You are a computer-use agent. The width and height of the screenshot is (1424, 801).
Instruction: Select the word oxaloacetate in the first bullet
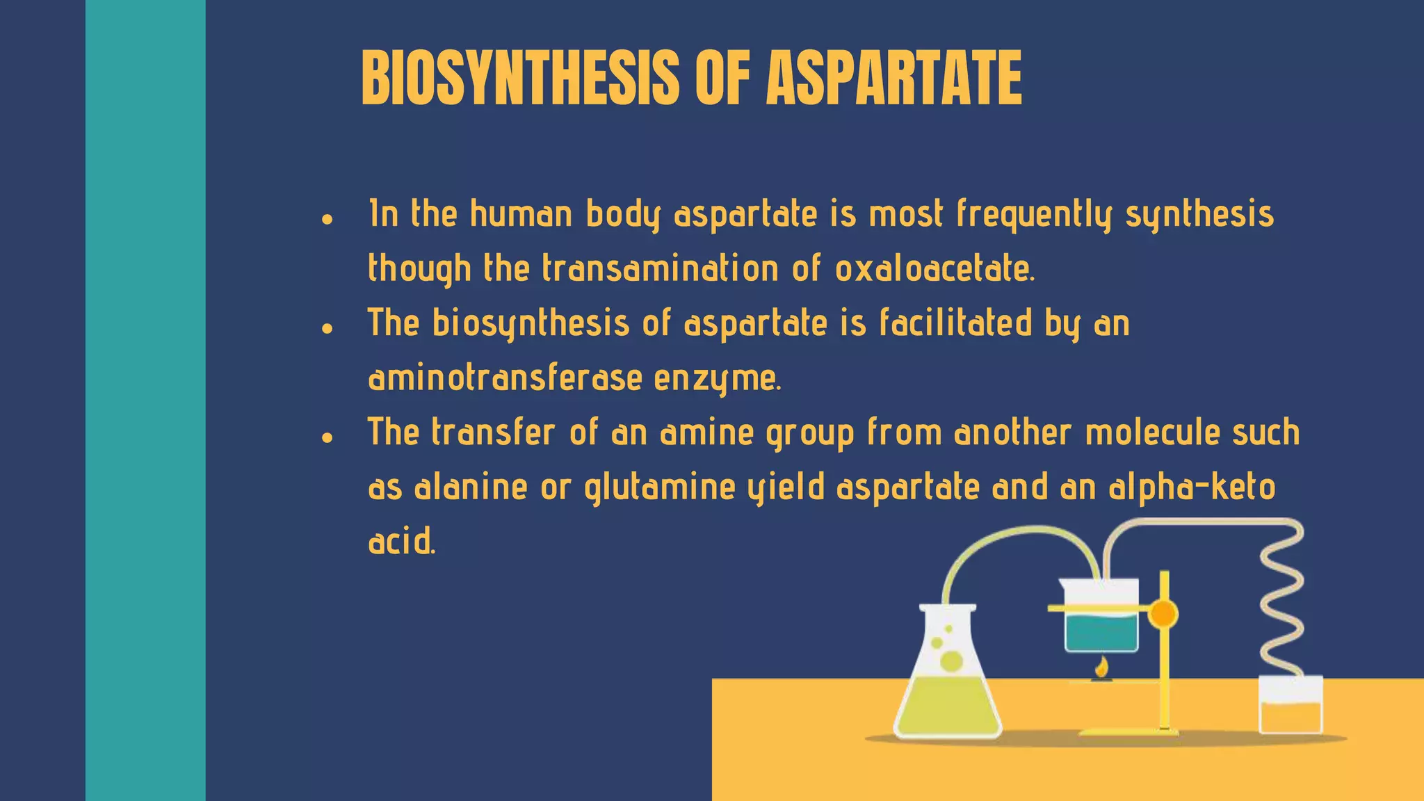click(934, 269)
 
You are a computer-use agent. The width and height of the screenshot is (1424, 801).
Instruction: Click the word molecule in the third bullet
click(1152, 432)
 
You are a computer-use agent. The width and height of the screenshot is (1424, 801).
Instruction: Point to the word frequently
click(1034, 214)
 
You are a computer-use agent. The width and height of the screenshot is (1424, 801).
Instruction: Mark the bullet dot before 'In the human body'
click(327, 219)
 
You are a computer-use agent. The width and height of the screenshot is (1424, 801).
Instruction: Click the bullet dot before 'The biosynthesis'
click(327, 328)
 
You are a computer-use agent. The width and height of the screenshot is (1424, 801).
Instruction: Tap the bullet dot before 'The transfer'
click(327, 437)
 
